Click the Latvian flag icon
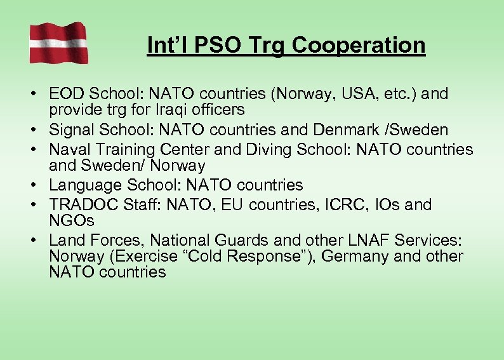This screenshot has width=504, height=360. click(x=58, y=42)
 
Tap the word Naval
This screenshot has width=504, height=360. click(x=69, y=150)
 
